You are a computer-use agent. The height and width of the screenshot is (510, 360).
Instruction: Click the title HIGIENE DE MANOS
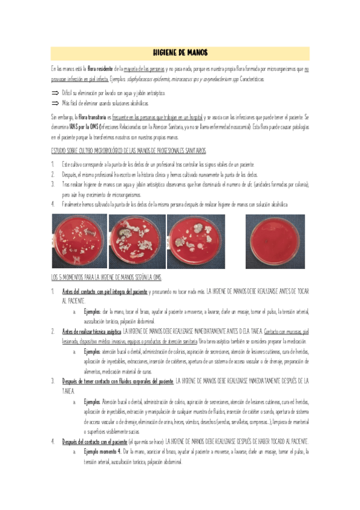coord(180,53)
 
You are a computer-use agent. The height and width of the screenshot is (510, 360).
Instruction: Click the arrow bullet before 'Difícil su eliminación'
coord(55,94)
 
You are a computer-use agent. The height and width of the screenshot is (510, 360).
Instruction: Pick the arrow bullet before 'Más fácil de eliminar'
coord(55,103)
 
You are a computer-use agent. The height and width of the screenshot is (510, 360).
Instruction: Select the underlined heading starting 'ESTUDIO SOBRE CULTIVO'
coord(129,150)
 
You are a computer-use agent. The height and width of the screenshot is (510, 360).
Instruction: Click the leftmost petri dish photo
coord(79,241)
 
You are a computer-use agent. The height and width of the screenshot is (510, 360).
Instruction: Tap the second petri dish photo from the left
coord(137,241)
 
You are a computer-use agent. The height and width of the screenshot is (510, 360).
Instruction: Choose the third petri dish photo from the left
coord(195,241)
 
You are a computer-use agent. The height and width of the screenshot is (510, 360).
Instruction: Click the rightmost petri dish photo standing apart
coord(273,241)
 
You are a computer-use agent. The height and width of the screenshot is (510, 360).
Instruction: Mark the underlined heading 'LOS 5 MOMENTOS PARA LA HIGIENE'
coord(106,277)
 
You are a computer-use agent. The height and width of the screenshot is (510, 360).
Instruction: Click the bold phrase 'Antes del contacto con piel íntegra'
coord(105,291)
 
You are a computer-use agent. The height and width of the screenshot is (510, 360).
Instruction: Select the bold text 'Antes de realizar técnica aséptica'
coord(91,331)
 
